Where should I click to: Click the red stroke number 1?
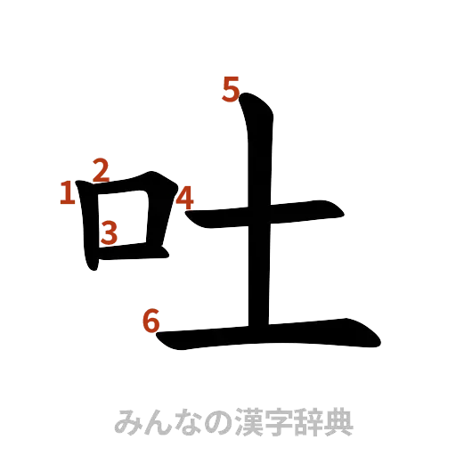67,192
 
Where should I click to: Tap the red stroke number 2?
102,169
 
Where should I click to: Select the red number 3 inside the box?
109,232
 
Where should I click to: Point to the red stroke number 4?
184,198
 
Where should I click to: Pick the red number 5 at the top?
231,90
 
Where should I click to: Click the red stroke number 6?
152,321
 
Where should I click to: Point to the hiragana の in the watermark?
218,422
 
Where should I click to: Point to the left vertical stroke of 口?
90,227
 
